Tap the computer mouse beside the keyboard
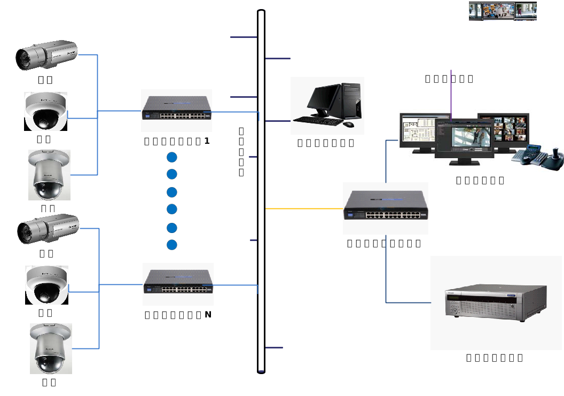pyautogui.click(x=348, y=125)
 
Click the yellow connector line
pyautogui.click(x=304, y=208)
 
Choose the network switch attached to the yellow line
pyautogui.click(x=386, y=208)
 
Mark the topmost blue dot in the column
pyautogui.click(x=171, y=157)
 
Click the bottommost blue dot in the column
pyautogui.click(x=171, y=245)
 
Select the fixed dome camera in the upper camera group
pyautogui.click(x=46, y=112)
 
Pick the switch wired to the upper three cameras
pyautogui.click(x=177, y=111)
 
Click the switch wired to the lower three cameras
pyautogui.click(x=178, y=284)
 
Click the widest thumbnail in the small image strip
pyautogui.click(x=498, y=11)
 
